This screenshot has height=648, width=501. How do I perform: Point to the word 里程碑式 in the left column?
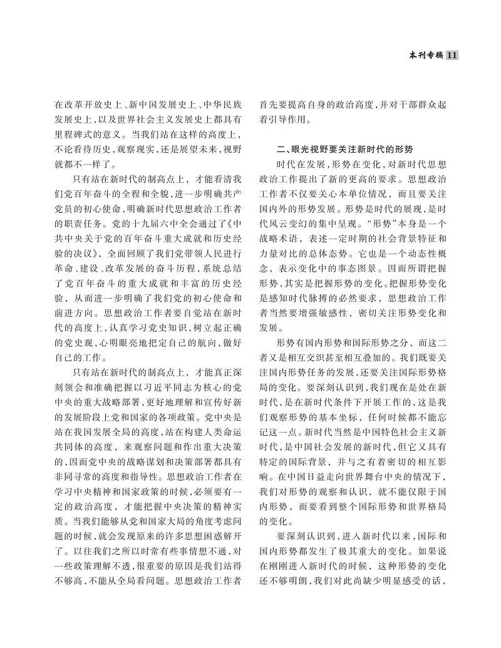point(71,134)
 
